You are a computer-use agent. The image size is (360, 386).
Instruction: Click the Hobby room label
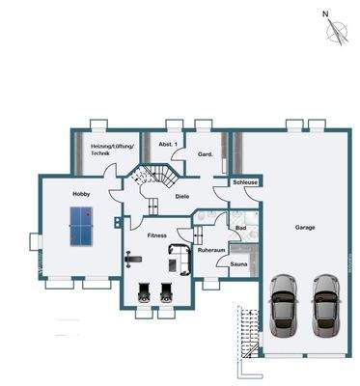(81, 194)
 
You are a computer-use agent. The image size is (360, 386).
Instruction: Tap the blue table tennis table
(81, 226)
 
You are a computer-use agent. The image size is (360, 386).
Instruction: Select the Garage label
(305, 228)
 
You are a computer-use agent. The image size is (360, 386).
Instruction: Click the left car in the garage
(285, 305)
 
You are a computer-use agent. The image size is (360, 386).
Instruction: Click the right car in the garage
(326, 305)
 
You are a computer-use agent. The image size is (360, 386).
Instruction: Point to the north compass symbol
(337, 31)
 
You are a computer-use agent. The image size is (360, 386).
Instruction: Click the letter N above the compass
(325, 14)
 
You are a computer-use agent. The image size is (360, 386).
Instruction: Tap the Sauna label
(238, 264)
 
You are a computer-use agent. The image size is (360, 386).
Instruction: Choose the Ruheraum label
(211, 250)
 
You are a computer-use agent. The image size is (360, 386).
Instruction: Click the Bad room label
(241, 228)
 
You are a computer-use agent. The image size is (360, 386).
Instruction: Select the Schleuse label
(245, 182)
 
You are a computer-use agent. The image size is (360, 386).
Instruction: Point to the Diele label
(182, 197)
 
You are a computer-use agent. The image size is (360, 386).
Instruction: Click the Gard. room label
(205, 154)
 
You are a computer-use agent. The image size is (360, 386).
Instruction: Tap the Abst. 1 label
(168, 144)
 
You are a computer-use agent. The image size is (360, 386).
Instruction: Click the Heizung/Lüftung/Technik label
(112, 150)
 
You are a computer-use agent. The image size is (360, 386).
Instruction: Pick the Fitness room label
(157, 235)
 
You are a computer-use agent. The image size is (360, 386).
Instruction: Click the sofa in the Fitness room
(180, 260)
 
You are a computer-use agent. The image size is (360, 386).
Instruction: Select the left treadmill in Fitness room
(144, 292)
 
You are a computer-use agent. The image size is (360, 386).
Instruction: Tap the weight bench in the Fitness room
(134, 259)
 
